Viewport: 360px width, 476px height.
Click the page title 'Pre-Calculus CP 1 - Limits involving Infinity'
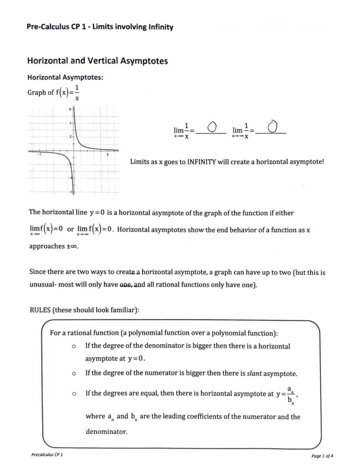tap(100, 27)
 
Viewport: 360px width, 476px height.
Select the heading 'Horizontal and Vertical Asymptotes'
tap(97, 61)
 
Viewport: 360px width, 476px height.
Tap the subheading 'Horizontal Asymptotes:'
tap(65, 77)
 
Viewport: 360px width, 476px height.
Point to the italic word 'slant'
tap(254, 373)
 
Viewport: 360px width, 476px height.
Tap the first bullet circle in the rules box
tap(74, 346)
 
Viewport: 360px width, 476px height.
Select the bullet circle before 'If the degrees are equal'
tap(74, 393)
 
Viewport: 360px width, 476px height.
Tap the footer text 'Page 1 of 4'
tap(322, 456)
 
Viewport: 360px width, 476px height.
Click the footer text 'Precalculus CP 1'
tap(47, 455)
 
